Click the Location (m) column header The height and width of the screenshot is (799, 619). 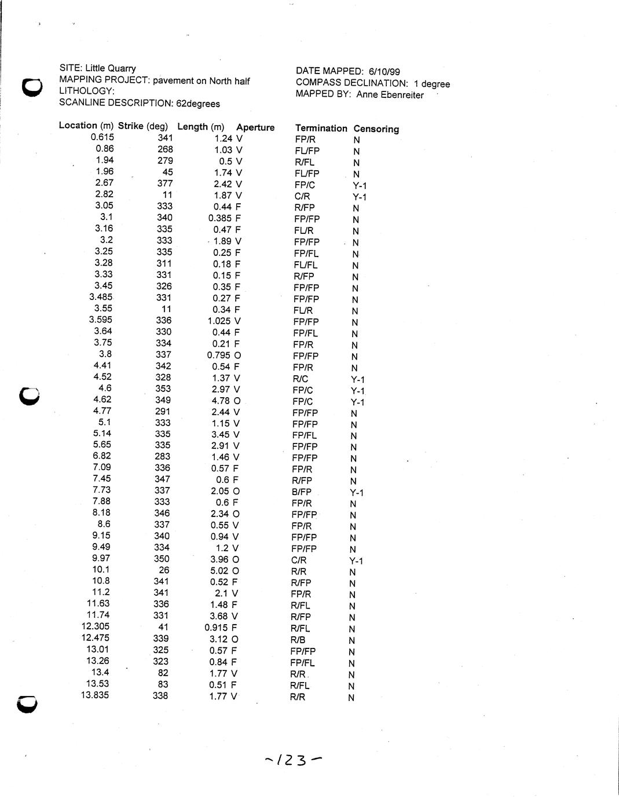coord(86,126)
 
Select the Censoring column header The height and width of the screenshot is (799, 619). coord(376,129)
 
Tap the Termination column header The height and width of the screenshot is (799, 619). coord(321,128)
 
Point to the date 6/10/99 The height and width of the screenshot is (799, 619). coord(384,72)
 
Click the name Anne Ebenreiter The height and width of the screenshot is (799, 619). coord(390,95)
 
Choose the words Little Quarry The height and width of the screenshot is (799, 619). coord(111,68)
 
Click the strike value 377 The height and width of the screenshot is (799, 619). coord(165,184)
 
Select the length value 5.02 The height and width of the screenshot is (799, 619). coord(220,570)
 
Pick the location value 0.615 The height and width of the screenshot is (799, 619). coord(102,137)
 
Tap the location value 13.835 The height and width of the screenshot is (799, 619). coord(95,695)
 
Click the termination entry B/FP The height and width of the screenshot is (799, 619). coord(302,492)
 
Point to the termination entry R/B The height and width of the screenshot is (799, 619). coord(298,640)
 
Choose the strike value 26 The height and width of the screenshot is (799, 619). coord(164,570)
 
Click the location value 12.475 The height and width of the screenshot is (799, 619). coord(95,637)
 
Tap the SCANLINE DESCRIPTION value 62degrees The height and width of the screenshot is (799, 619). coord(198,104)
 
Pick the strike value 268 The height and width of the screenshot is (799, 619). coord(165,149)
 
